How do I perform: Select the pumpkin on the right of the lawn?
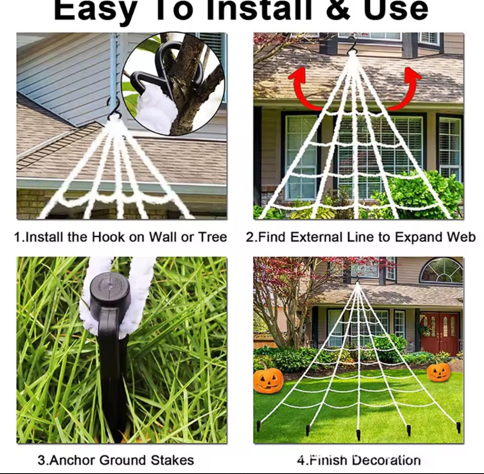(438, 371)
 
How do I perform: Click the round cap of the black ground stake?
(110, 292)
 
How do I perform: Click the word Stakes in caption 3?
(172, 460)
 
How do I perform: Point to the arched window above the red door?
(442, 270)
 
